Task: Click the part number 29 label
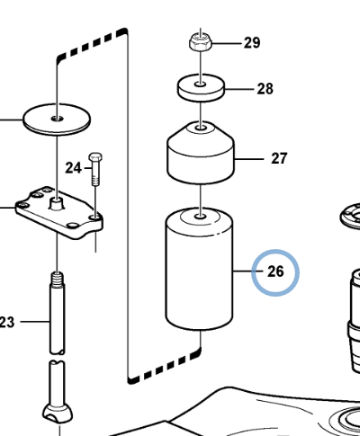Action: [x=251, y=43]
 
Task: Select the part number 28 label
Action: [x=265, y=89]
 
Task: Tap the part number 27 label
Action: [x=279, y=159]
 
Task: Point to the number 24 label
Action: [x=73, y=168]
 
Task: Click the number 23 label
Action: [x=7, y=320]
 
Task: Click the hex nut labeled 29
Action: [x=200, y=41]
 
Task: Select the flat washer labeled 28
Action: [x=200, y=89]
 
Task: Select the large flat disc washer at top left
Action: [x=56, y=117]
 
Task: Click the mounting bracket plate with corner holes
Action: [x=61, y=216]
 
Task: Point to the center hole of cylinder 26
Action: [x=200, y=216]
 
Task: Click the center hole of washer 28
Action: [x=200, y=86]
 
